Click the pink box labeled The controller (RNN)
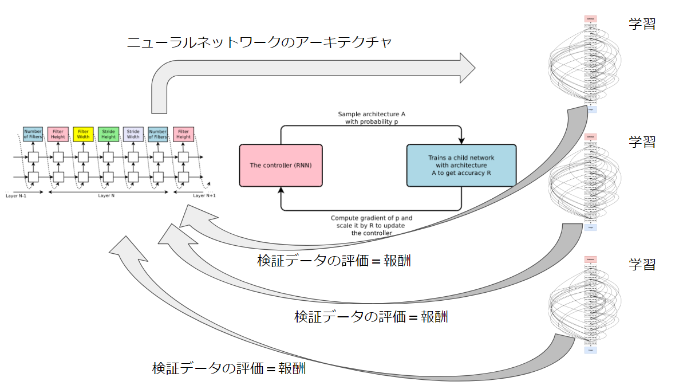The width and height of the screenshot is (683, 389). (280, 166)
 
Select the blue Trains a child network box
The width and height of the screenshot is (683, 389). (461, 166)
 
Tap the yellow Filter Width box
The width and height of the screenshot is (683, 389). (83, 134)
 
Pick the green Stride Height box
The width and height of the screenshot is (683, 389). (108, 134)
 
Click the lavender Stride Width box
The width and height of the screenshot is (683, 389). (133, 134)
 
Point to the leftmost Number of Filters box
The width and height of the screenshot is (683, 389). (33, 134)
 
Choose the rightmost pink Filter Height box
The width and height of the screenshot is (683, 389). (183, 134)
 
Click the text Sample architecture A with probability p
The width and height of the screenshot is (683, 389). (371, 118)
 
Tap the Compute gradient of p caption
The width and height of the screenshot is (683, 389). (371, 226)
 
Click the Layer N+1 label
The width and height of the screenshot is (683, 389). (204, 195)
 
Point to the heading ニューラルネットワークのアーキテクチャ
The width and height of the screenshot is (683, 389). (259, 42)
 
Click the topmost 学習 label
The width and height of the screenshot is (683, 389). (642, 24)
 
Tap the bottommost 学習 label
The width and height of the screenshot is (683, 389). (642, 265)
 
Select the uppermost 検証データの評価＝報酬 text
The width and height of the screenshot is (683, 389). (334, 261)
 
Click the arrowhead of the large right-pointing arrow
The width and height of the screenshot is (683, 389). (467, 68)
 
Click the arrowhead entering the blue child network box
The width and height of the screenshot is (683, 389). (461, 141)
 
